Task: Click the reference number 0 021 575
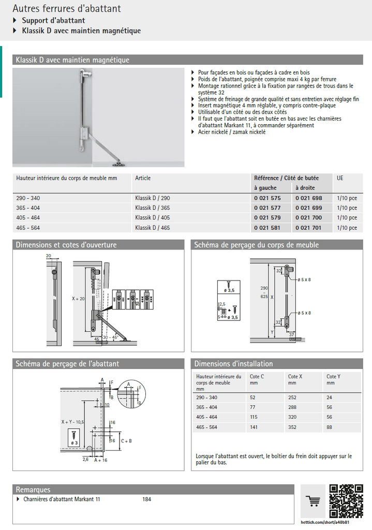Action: (x=267, y=198)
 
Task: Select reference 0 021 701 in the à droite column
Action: (x=308, y=228)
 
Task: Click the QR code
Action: (x=346, y=500)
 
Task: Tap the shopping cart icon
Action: (x=313, y=500)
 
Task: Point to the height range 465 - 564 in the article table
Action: (x=28, y=228)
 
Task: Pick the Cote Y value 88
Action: (x=330, y=427)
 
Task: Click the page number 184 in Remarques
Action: (x=146, y=499)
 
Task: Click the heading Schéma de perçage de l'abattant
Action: (x=67, y=364)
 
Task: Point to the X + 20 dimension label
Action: (x=79, y=299)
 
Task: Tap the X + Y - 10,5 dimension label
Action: (x=73, y=422)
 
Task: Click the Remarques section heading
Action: (x=33, y=490)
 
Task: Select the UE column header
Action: (x=340, y=178)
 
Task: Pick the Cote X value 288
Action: (x=293, y=407)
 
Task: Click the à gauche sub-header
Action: (x=265, y=188)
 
